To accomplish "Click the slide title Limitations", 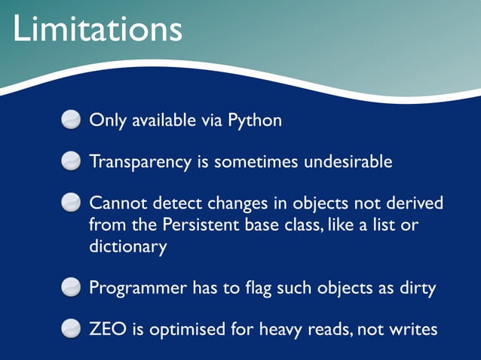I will (97, 30).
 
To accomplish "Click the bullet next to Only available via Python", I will (70, 121).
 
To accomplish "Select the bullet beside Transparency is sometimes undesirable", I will (70, 162).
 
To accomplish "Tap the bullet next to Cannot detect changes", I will (70, 203).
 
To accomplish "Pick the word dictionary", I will (127, 247).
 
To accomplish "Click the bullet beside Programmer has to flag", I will (70, 288).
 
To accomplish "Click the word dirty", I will (418, 288).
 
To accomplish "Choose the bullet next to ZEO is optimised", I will (70, 329).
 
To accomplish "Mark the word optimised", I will (180, 330).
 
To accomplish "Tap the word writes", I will (412, 329).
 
